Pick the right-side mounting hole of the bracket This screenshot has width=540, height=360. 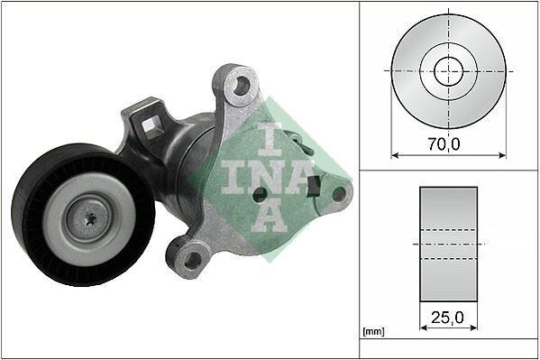tap(339, 192)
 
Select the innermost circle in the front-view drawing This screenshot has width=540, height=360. tap(448, 69)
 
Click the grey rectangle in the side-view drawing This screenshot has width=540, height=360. tap(448, 245)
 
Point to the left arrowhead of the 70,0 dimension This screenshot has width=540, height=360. tap(396, 154)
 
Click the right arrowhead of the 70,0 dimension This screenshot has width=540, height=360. tap(501, 154)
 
